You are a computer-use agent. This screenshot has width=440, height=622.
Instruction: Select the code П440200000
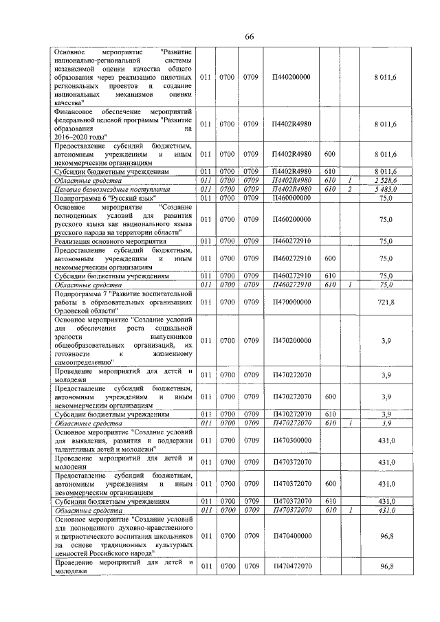point(291,77)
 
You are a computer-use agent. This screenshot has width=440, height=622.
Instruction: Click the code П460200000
point(291,219)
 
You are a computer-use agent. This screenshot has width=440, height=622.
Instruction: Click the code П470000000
point(291,302)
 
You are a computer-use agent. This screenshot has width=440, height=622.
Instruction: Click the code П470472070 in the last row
point(291,566)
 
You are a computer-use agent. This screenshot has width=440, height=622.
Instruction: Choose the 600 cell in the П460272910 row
point(329,259)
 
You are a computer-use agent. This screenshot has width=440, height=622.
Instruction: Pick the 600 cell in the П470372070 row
point(329,484)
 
